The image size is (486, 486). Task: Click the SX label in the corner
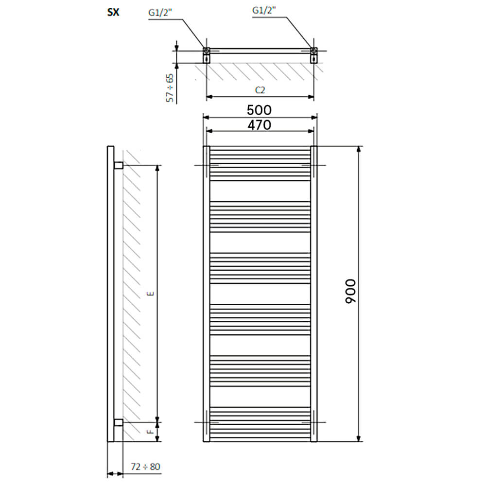(113, 12)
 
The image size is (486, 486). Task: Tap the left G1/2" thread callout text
(160, 13)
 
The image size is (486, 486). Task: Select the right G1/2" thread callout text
(264, 10)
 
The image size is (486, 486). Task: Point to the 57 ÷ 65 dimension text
(170, 87)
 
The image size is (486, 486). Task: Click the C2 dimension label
(260, 90)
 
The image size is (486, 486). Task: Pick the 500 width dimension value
(259, 110)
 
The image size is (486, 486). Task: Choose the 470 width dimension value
(260, 125)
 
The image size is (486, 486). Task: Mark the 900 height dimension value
(350, 291)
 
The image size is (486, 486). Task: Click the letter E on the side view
(151, 294)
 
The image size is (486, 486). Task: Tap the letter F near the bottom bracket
(151, 432)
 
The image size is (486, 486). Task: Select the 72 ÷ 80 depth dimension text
(145, 467)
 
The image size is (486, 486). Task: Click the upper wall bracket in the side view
(119, 165)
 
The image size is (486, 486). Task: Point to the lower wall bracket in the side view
(119, 422)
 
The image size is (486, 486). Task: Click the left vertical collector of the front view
(207, 294)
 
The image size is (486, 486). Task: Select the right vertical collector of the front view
(313, 294)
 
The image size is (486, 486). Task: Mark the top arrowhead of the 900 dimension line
(359, 149)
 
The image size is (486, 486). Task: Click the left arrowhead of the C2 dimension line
(209, 97)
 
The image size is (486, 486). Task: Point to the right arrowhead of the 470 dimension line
(311, 131)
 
